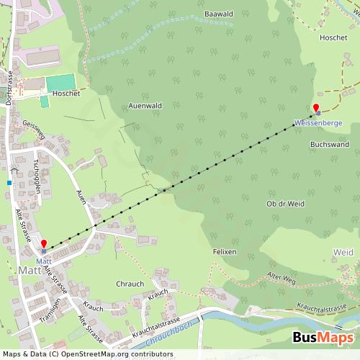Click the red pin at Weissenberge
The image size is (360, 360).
pos(315,109)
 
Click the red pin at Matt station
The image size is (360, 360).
pos(43,245)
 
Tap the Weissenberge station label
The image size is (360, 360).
pos(318,123)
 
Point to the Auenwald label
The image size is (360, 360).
pos(145,105)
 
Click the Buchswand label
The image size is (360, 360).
pos(329,145)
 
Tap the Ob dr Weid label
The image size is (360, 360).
pos(286,204)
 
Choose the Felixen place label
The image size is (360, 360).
pos(225,253)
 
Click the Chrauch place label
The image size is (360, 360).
pos(130,284)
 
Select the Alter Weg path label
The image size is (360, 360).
pos(282,278)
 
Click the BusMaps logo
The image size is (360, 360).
pos(323,338)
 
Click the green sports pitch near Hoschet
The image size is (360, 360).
pos(60,83)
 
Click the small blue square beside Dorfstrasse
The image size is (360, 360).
pos(9,183)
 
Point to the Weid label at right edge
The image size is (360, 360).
pos(343,252)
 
